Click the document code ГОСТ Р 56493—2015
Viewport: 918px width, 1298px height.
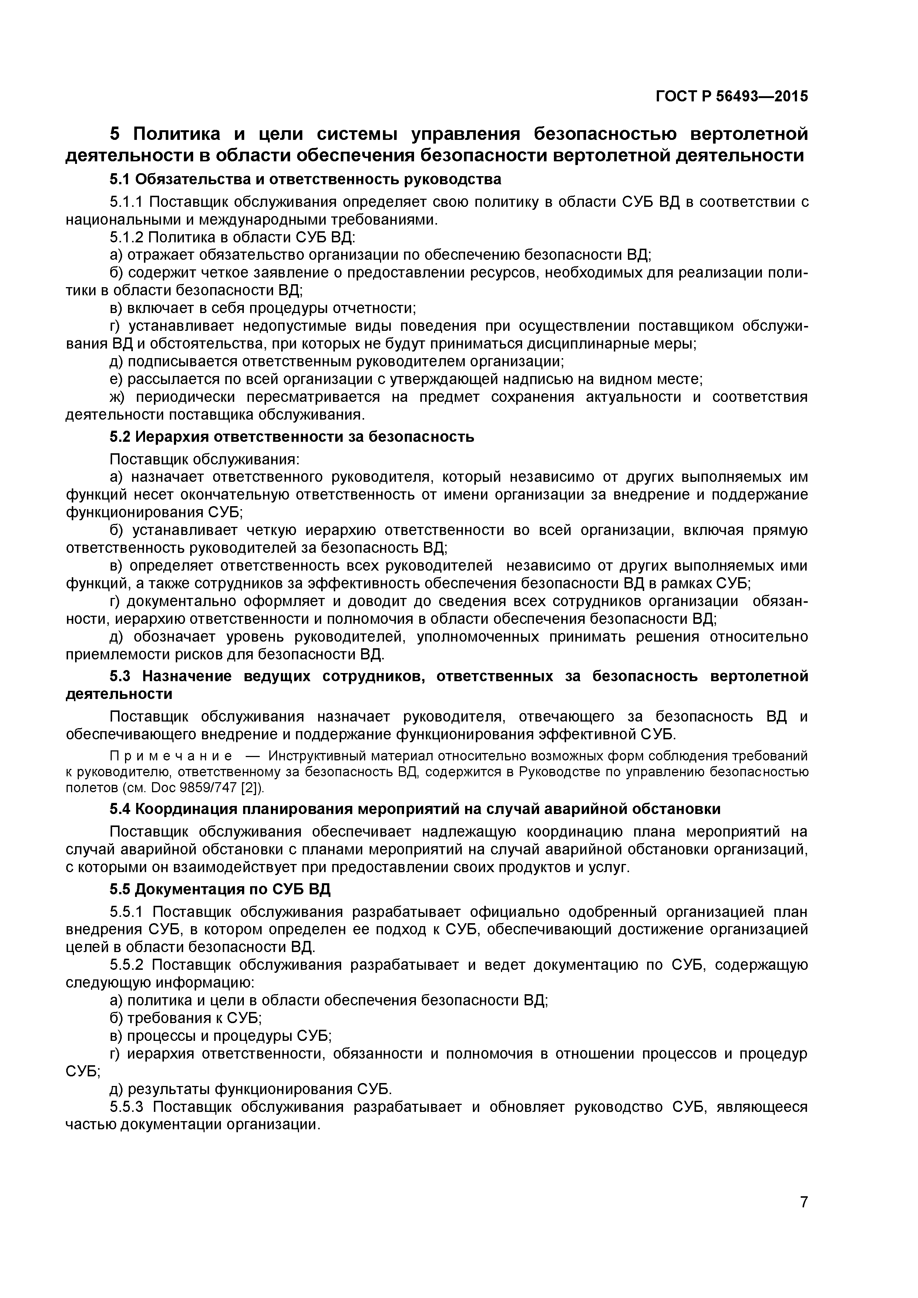click(732, 97)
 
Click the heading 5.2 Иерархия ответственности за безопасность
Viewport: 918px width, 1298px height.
click(292, 437)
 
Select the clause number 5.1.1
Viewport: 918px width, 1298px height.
click(128, 202)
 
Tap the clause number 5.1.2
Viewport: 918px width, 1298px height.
click(128, 238)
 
